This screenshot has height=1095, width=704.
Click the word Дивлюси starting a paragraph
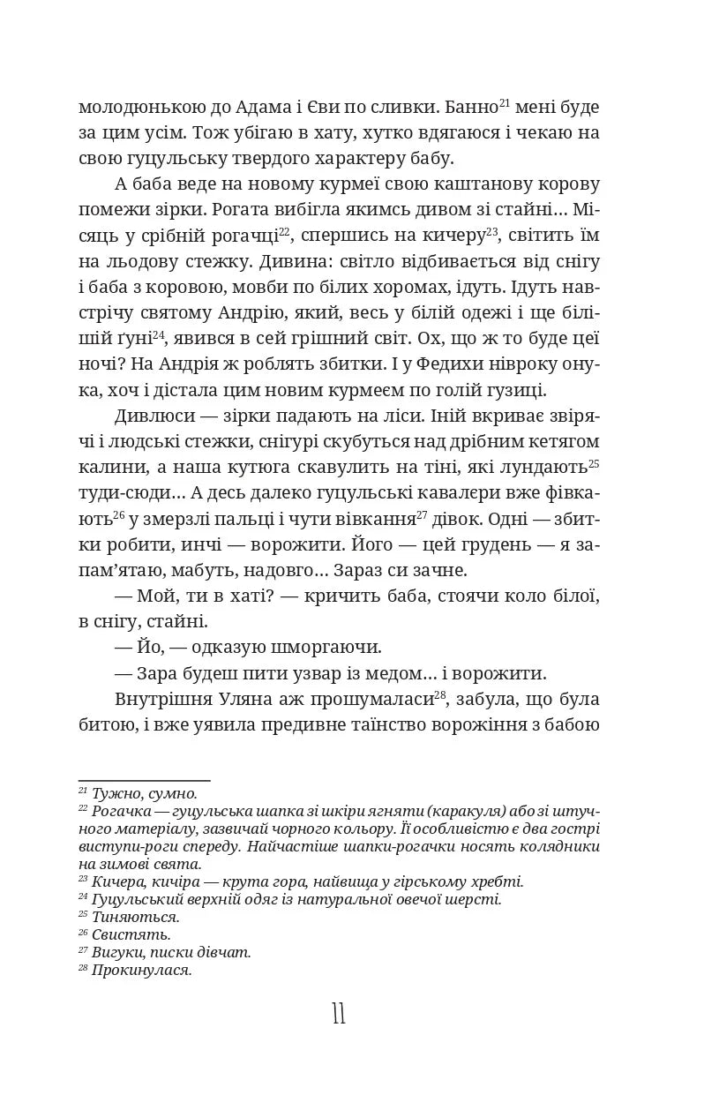(148, 416)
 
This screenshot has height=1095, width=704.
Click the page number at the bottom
(339, 1014)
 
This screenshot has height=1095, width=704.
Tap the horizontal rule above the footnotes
(145, 780)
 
